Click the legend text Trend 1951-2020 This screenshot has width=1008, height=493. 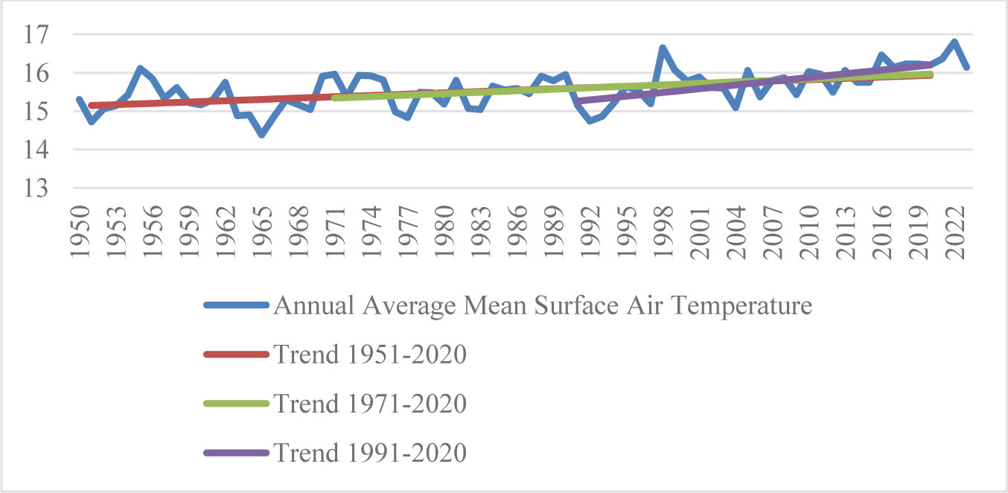tap(369, 354)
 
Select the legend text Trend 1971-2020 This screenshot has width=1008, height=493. tap(369, 404)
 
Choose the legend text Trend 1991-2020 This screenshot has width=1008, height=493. tap(369, 453)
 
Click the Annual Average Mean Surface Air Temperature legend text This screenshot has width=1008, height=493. tap(542, 305)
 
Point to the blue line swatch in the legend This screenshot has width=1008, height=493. tap(235, 306)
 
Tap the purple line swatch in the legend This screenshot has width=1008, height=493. tap(235, 454)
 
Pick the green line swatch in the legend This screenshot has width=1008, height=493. tap(235, 404)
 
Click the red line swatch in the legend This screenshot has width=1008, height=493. tap(235, 355)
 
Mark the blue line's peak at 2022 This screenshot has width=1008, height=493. tap(954, 42)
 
